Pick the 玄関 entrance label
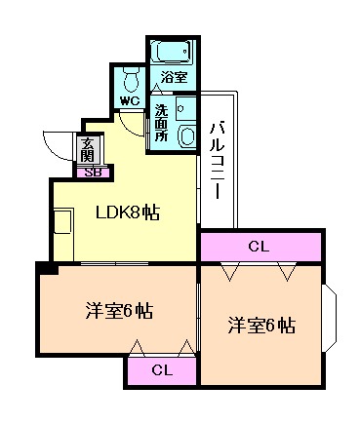[x=89, y=150]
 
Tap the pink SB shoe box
[x=94, y=173]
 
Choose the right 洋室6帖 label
[x=261, y=324]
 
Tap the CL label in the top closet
[x=260, y=246]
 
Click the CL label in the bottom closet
[x=162, y=369]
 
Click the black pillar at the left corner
[x=45, y=267]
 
